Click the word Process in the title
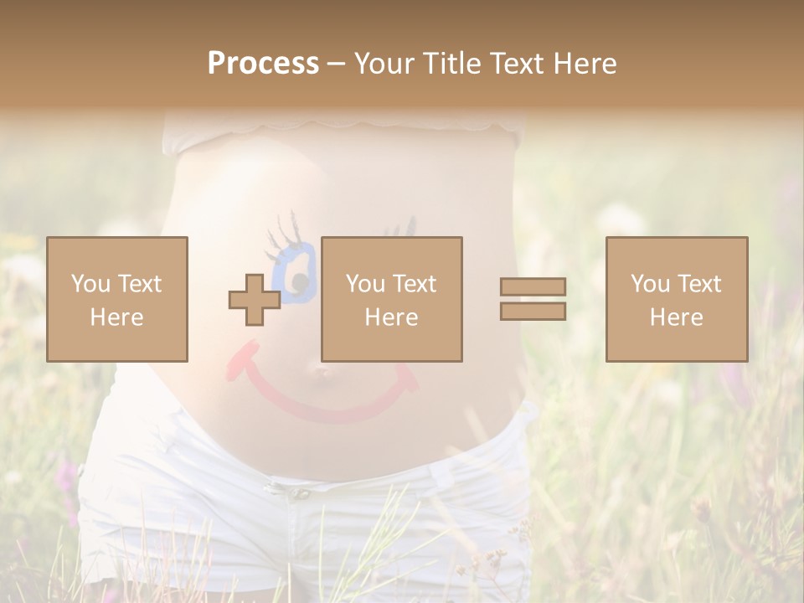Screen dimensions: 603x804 [263, 64]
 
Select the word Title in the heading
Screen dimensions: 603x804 [451, 64]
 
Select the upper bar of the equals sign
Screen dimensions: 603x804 [533, 286]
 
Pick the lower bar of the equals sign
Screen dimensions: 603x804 [533, 311]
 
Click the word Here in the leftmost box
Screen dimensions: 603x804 [116, 317]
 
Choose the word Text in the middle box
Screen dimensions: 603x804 [415, 283]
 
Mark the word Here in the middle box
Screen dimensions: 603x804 [391, 317]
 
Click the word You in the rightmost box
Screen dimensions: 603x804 [650, 283]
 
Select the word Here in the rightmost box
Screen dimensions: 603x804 [676, 317]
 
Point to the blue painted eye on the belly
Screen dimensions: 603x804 [297, 272]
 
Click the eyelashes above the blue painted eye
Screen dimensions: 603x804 [282, 230]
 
